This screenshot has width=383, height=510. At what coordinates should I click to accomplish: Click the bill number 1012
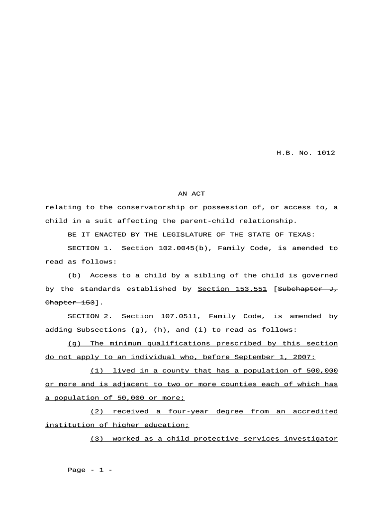coord(326,153)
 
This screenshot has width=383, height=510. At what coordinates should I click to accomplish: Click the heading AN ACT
coord(191,194)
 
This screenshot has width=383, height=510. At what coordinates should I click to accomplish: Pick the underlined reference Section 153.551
coord(232,289)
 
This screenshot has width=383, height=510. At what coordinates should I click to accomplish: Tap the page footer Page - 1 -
coord(90,470)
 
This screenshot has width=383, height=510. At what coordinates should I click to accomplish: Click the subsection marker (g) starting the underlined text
coord(75,344)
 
